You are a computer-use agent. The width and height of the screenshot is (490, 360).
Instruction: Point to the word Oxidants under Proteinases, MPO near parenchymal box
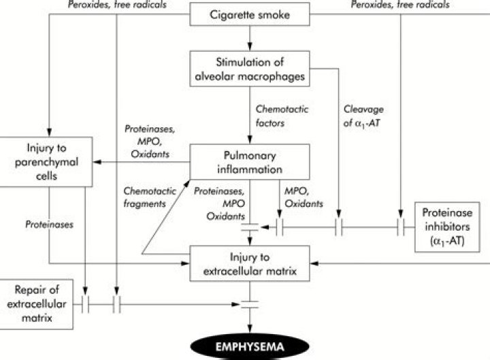[145, 154]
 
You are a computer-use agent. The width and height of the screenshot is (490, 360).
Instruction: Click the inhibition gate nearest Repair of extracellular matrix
[85, 301]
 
